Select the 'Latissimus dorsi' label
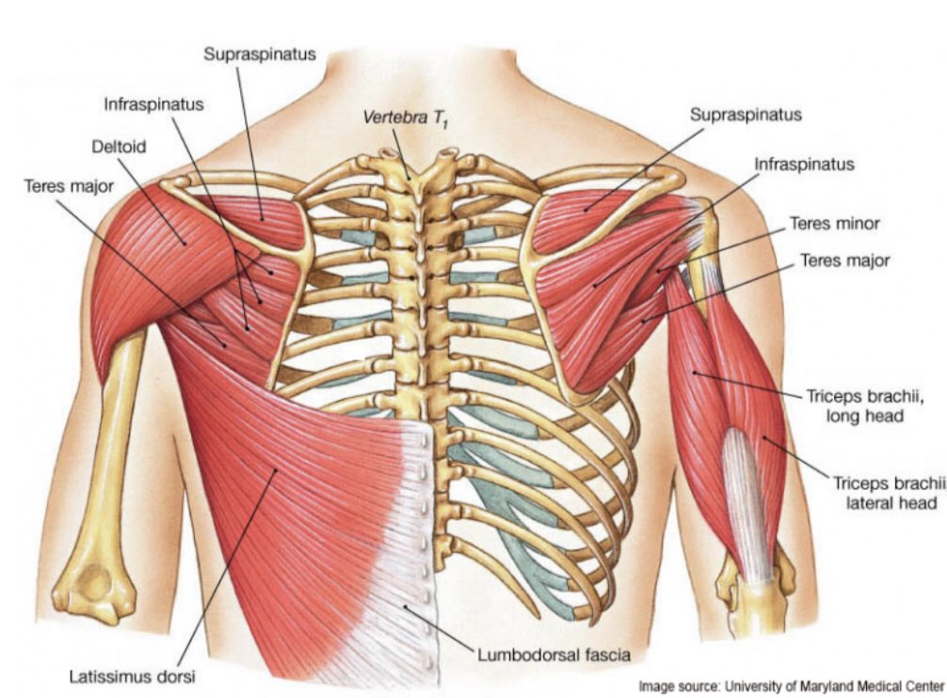[134, 675]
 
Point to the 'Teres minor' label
[834, 224]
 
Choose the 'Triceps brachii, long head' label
[865, 405]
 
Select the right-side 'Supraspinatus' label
[746, 115]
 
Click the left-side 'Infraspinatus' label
[153, 103]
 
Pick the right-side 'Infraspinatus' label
[804, 164]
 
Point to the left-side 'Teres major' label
[69, 186]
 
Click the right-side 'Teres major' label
[844, 260]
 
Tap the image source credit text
[791, 686]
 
